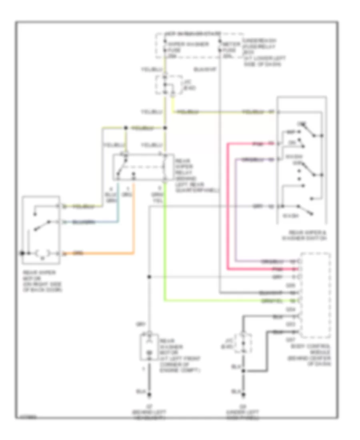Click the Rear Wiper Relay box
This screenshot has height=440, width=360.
click(142, 168)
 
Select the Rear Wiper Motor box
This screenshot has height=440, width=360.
click(41, 230)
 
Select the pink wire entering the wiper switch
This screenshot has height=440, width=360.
click(248, 143)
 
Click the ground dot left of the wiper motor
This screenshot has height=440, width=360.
click(23, 253)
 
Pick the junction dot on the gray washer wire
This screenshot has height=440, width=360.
click(149, 277)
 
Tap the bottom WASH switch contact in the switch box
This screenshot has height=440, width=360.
click(304, 207)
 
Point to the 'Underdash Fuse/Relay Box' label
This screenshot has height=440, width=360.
click(260, 52)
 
